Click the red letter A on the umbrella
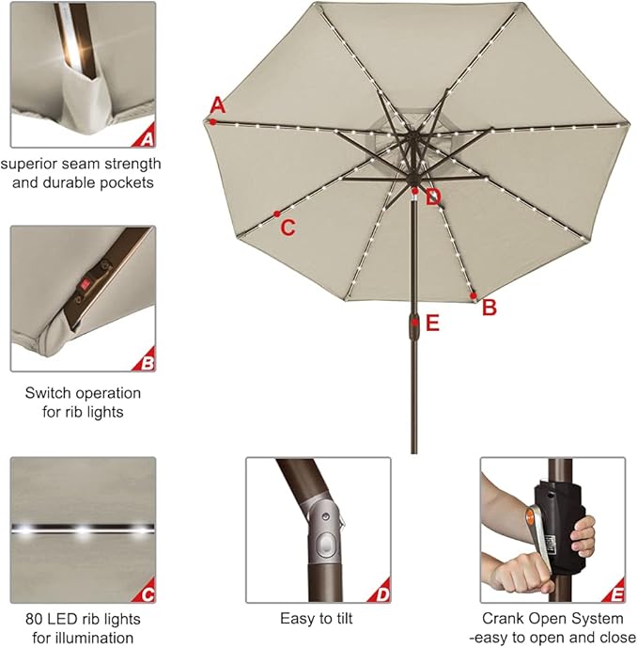[218, 103]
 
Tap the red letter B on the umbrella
[489, 308]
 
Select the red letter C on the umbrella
[288, 228]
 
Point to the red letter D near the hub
[432, 197]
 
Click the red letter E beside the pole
[432, 324]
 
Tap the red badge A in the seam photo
[146, 140]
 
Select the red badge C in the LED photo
[146, 594]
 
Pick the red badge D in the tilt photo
[381, 594]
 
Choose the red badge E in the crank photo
[615, 594]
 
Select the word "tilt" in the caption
[344, 619]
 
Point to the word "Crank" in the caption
[504, 619]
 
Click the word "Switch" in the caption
[47, 393]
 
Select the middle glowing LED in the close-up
[83, 531]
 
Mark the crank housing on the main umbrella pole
[414, 324]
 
